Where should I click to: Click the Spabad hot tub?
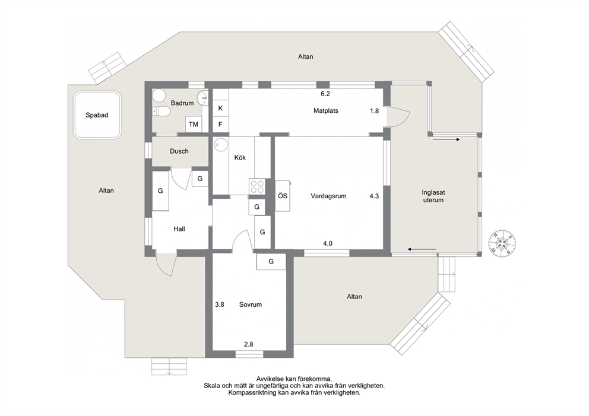tap(97, 115)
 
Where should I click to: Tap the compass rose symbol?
tap(502, 243)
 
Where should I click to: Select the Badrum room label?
tap(182, 103)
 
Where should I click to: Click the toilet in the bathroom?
tap(161, 111)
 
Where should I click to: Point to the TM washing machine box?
tap(194, 124)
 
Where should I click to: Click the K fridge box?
tap(220, 108)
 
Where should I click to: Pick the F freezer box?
tap(220, 124)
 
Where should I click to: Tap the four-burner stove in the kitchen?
tap(257, 186)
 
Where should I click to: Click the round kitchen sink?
tap(221, 145)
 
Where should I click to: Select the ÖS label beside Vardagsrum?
tap(283, 196)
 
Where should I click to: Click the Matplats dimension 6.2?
tap(325, 94)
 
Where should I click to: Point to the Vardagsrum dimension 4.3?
tap(374, 196)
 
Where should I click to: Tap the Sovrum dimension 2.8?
tap(249, 344)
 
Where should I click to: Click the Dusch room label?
tap(179, 151)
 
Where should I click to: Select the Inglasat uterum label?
tap(433, 196)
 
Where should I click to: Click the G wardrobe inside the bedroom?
tap(271, 262)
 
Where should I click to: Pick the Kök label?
tap(240, 158)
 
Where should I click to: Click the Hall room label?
tap(179, 228)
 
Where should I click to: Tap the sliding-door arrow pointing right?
tap(446, 139)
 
